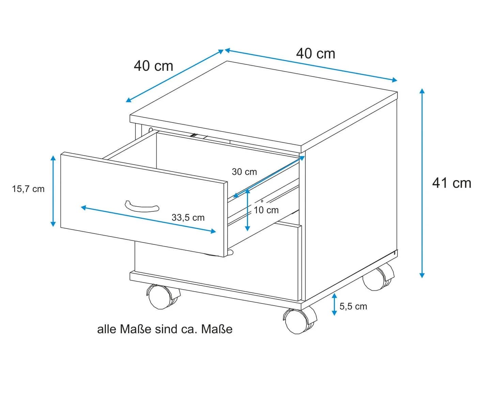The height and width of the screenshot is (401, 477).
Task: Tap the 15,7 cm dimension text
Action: click(28, 189)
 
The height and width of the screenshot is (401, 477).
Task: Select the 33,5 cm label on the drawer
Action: click(188, 218)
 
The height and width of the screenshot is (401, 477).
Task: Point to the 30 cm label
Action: click(244, 172)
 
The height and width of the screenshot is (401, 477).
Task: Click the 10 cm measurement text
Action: click(266, 210)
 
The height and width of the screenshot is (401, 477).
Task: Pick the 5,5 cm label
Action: click(353, 306)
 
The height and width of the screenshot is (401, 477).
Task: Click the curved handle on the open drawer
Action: click(142, 206)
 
